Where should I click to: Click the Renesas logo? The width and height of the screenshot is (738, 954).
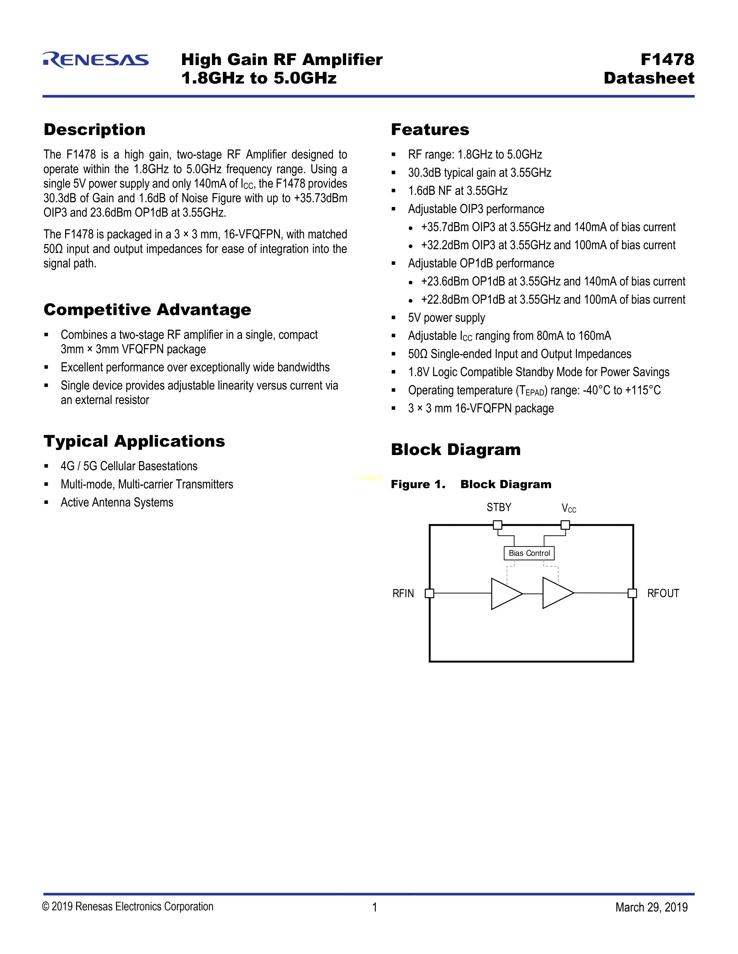pyautogui.click(x=96, y=60)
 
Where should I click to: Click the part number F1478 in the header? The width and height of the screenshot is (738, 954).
pyautogui.click(x=667, y=59)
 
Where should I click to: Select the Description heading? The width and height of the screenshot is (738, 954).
pyautogui.click(x=94, y=130)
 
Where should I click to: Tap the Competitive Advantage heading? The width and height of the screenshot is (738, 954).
pyautogui.click(x=147, y=310)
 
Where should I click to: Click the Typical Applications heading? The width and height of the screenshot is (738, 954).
pyautogui.click(x=134, y=441)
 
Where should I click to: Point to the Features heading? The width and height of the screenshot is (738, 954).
pyautogui.click(x=430, y=130)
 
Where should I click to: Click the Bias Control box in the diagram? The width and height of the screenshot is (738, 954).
pyautogui.click(x=529, y=553)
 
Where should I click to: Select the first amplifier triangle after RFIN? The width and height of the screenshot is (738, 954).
pyautogui.click(x=505, y=593)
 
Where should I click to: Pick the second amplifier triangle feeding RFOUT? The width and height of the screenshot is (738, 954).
pyautogui.click(x=556, y=593)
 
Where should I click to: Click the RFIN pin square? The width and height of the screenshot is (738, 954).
pyautogui.click(x=429, y=593)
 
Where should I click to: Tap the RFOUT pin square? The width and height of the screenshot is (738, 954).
pyautogui.click(x=632, y=593)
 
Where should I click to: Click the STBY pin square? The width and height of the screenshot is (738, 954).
pyautogui.click(x=497, y=525)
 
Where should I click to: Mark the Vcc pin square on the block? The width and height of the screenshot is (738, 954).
pyautogui.click(x=565, y=525)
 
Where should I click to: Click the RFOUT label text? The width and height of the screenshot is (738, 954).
pyautogui.click(x=663, y=593)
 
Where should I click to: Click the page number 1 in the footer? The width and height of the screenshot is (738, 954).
pyautogui.click(x=375, y=907)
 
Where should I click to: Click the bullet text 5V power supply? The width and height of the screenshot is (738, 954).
pyautogui.click(x=446, y=317)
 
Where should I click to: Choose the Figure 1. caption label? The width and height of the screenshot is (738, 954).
pyautogui.click(x=418, y=485)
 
